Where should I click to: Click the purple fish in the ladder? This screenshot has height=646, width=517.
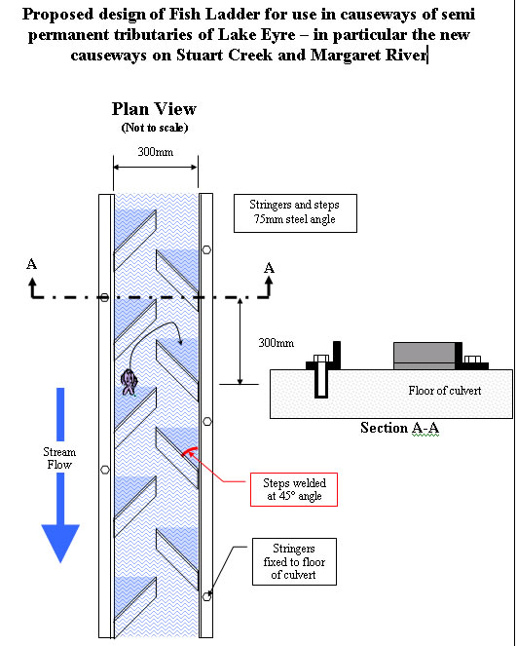pyautogui.click(x=129, y=381)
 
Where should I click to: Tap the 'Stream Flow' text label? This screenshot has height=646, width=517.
pyautogui.click(x=59, y=458)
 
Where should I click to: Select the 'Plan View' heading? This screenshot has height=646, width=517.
pyautogui.click(x=154, y=109)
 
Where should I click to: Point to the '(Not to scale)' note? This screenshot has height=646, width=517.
pyautogui.click(x=154, y=128)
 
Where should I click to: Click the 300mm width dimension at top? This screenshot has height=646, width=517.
pyautogui.click(x=156, y=153)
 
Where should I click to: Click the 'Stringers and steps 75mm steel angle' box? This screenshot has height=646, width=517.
pyautogui.click(x=295, y=214)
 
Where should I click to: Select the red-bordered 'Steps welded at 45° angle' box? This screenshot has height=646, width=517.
pyautogui.click(x=294, y=489)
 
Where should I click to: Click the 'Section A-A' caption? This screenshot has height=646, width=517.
pyautogui.click(x=399, y=428)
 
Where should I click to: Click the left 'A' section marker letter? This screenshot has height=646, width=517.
pyautogui.click(x=32, y=263)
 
